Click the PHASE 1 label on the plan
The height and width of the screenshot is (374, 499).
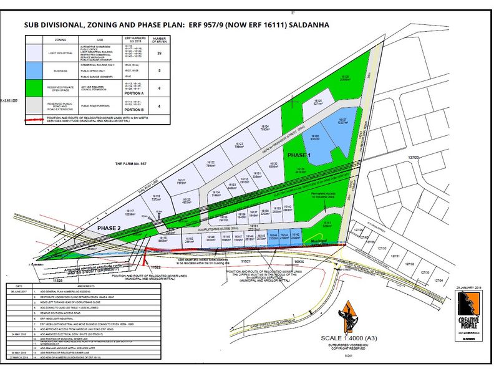300,154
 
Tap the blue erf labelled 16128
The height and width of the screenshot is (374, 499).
314,138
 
